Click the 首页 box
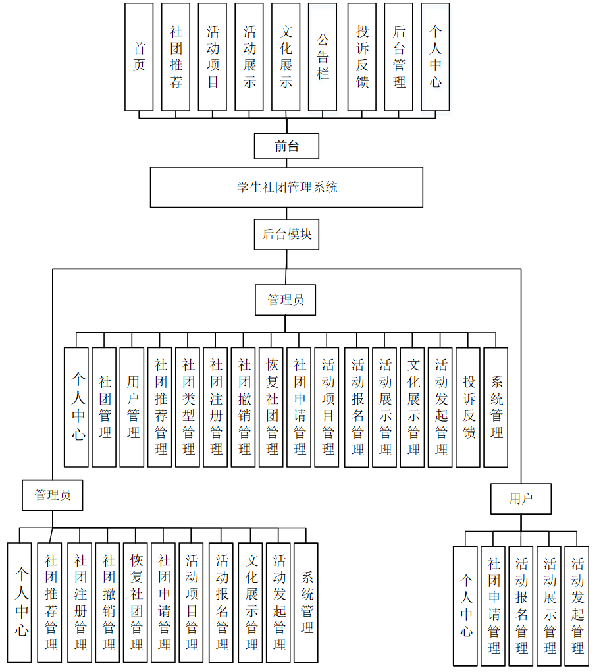click(139, 57)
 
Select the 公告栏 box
click(323, 57)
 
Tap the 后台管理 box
click(399, 57)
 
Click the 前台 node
click(286, 146)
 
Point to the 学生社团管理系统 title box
click(286, 187)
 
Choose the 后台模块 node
click(286, 235)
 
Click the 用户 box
click(521, 499)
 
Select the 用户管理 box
click(132, 407)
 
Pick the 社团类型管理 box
click(188, 407)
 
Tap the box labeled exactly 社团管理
click(104, 407)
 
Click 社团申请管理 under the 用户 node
click(493, 606)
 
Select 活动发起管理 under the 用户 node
click(577, 606)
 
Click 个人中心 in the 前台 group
click(436, 57)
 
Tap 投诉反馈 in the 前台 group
click(362, 57)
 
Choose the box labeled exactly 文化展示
click(286, 57)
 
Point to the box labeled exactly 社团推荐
click(176, 57)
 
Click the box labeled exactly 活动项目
click(213, 57)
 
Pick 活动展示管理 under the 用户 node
click(549, 606)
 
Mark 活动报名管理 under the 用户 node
click(521, 606)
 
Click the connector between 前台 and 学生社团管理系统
click(286, 163)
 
